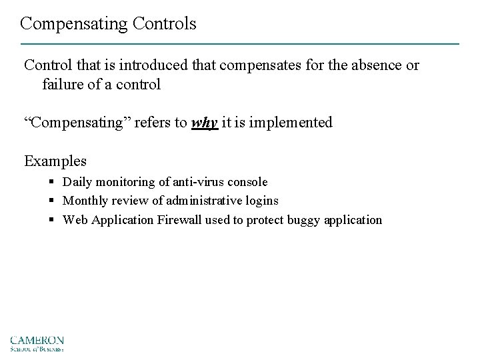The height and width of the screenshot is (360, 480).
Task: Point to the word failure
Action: tap(64, 85)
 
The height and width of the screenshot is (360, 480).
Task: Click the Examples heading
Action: tap(55, 161)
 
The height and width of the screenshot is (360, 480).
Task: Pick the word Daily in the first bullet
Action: tap(78, 181)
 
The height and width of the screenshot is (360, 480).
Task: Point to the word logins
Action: tap(262, 201)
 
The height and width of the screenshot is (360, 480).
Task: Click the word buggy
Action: tap(305, 220)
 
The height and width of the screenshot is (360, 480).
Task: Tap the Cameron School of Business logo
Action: tap(37, 343)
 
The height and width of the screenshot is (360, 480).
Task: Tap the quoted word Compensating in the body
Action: tap(77, 123)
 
